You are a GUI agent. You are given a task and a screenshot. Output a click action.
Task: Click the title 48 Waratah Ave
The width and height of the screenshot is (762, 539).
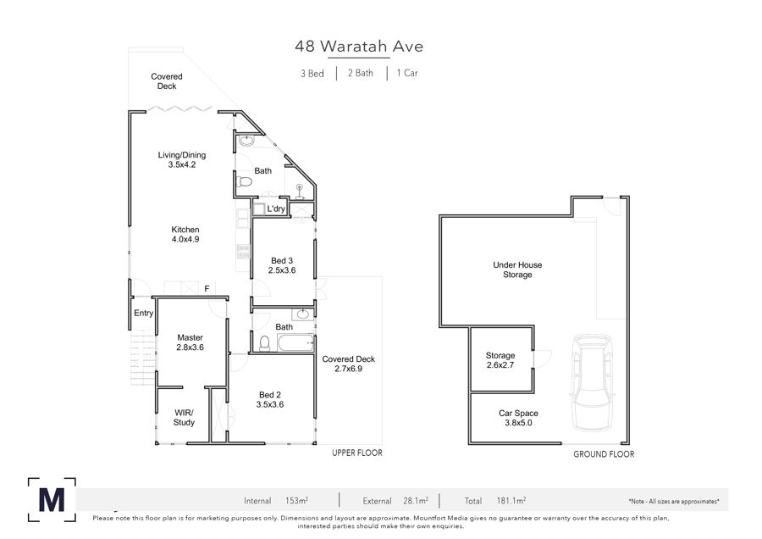pyautogui.click(x=359, y=47)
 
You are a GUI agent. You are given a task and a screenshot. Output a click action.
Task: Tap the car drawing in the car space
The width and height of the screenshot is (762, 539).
pyautogui.click(x=592, y=383)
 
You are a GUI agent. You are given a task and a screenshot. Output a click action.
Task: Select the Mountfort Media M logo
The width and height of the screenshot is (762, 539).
pyautogui.click(x=52, y=500)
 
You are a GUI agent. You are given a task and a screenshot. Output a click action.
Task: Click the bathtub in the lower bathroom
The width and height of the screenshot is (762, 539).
pyautogui.click(x=295, y=342)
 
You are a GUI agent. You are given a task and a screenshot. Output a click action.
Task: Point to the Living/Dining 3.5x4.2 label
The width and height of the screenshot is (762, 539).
pyautogui.click(x=182, y=159)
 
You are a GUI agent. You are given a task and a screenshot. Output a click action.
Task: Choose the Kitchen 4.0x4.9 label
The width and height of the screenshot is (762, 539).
pyautogui.click(x=185, y=234)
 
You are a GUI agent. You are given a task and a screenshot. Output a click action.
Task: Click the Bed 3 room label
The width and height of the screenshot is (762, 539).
pyautogui.click(x=282, y=265)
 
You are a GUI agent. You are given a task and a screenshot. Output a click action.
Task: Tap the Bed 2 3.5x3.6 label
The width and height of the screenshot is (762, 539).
pyautogui.click(x=270, y=399)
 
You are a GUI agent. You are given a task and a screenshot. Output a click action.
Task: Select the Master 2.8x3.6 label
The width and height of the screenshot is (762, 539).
pyautogui.click(x=190, y=342)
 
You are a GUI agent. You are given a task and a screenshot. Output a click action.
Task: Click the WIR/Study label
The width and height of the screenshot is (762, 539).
pyautogui.click(x=184, y=417)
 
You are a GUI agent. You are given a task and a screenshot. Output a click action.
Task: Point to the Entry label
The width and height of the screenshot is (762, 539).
pyautogui.click(x=143, y=313)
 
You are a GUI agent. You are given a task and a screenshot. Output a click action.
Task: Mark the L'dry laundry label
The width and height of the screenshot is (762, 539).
pyautogui.click(x=276, y=208)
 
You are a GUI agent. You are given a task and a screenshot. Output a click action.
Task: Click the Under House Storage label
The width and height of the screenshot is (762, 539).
pyautogui.click(x=517, y=269)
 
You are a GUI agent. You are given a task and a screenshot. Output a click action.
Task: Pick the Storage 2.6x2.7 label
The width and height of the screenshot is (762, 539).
pyautogui.click(x=500, y=360)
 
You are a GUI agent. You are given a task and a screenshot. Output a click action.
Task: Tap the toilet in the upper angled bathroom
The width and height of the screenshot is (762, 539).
pyautogui.click(x=245, y=182)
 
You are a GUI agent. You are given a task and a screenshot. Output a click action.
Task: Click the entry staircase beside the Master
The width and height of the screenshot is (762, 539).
pyautogui.click(x=143, y=358)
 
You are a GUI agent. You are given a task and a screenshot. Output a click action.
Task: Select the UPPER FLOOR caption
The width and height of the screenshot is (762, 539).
pyautogui.click(x=357, y=453)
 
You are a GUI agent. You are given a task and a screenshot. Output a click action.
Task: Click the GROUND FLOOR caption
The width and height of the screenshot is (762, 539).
pyautogui.click(x=604, y=454)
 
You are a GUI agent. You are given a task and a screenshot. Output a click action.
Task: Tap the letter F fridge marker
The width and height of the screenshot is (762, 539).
pyautogui.click(x=207, y=289)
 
